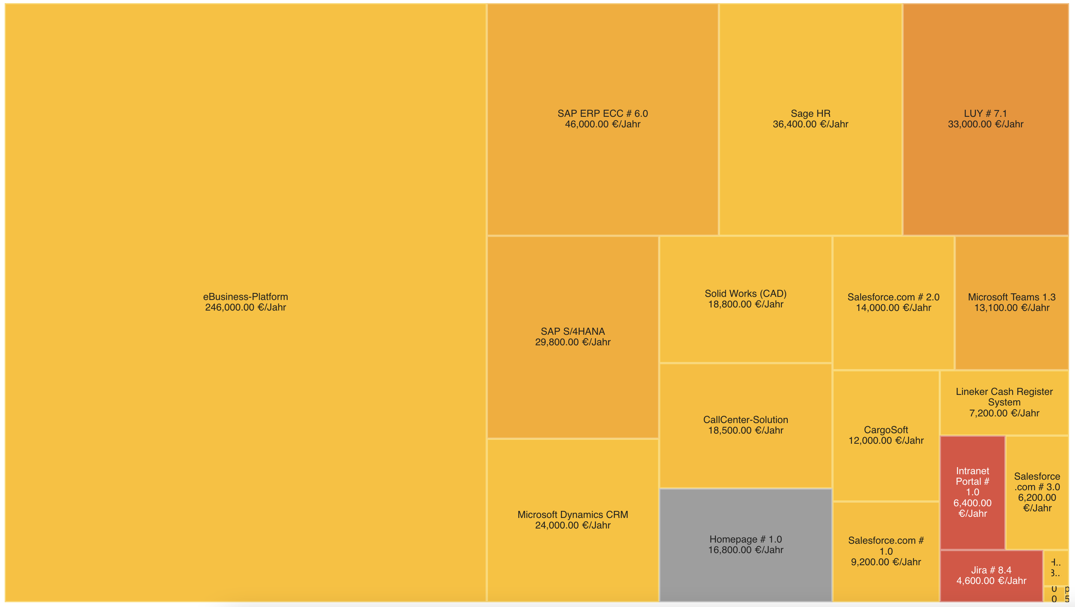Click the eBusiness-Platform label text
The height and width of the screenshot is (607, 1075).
(246, 297)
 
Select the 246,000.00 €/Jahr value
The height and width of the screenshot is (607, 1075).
(246, 308)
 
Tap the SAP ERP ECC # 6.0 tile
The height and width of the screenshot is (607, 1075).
(602, 119)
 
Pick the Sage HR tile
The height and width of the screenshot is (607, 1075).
(810, 119)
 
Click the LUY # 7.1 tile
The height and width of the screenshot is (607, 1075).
(985, 119)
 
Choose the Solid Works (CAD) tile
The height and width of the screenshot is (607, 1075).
(745, 299)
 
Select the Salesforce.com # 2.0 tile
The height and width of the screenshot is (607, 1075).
(893, 302)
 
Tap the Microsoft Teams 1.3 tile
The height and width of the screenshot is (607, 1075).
(1011, 302)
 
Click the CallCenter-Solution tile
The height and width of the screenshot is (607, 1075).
(745, 425)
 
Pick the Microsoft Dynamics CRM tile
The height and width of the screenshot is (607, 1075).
(573, 520)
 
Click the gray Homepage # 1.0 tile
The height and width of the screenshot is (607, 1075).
(745, 545)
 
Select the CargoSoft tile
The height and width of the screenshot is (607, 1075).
(886, 435)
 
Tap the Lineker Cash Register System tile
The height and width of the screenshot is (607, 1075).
(1004, 402)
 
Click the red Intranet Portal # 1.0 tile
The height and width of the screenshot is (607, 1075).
(972, 492)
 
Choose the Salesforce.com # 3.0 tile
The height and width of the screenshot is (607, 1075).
(1037, 492)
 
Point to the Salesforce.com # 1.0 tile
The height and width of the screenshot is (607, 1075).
(886, 551)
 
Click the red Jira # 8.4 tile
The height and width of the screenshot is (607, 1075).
(991, 575)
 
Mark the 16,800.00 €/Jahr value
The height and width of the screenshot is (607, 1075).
(745, 550)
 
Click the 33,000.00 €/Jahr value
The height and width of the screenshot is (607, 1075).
(985, 124)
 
